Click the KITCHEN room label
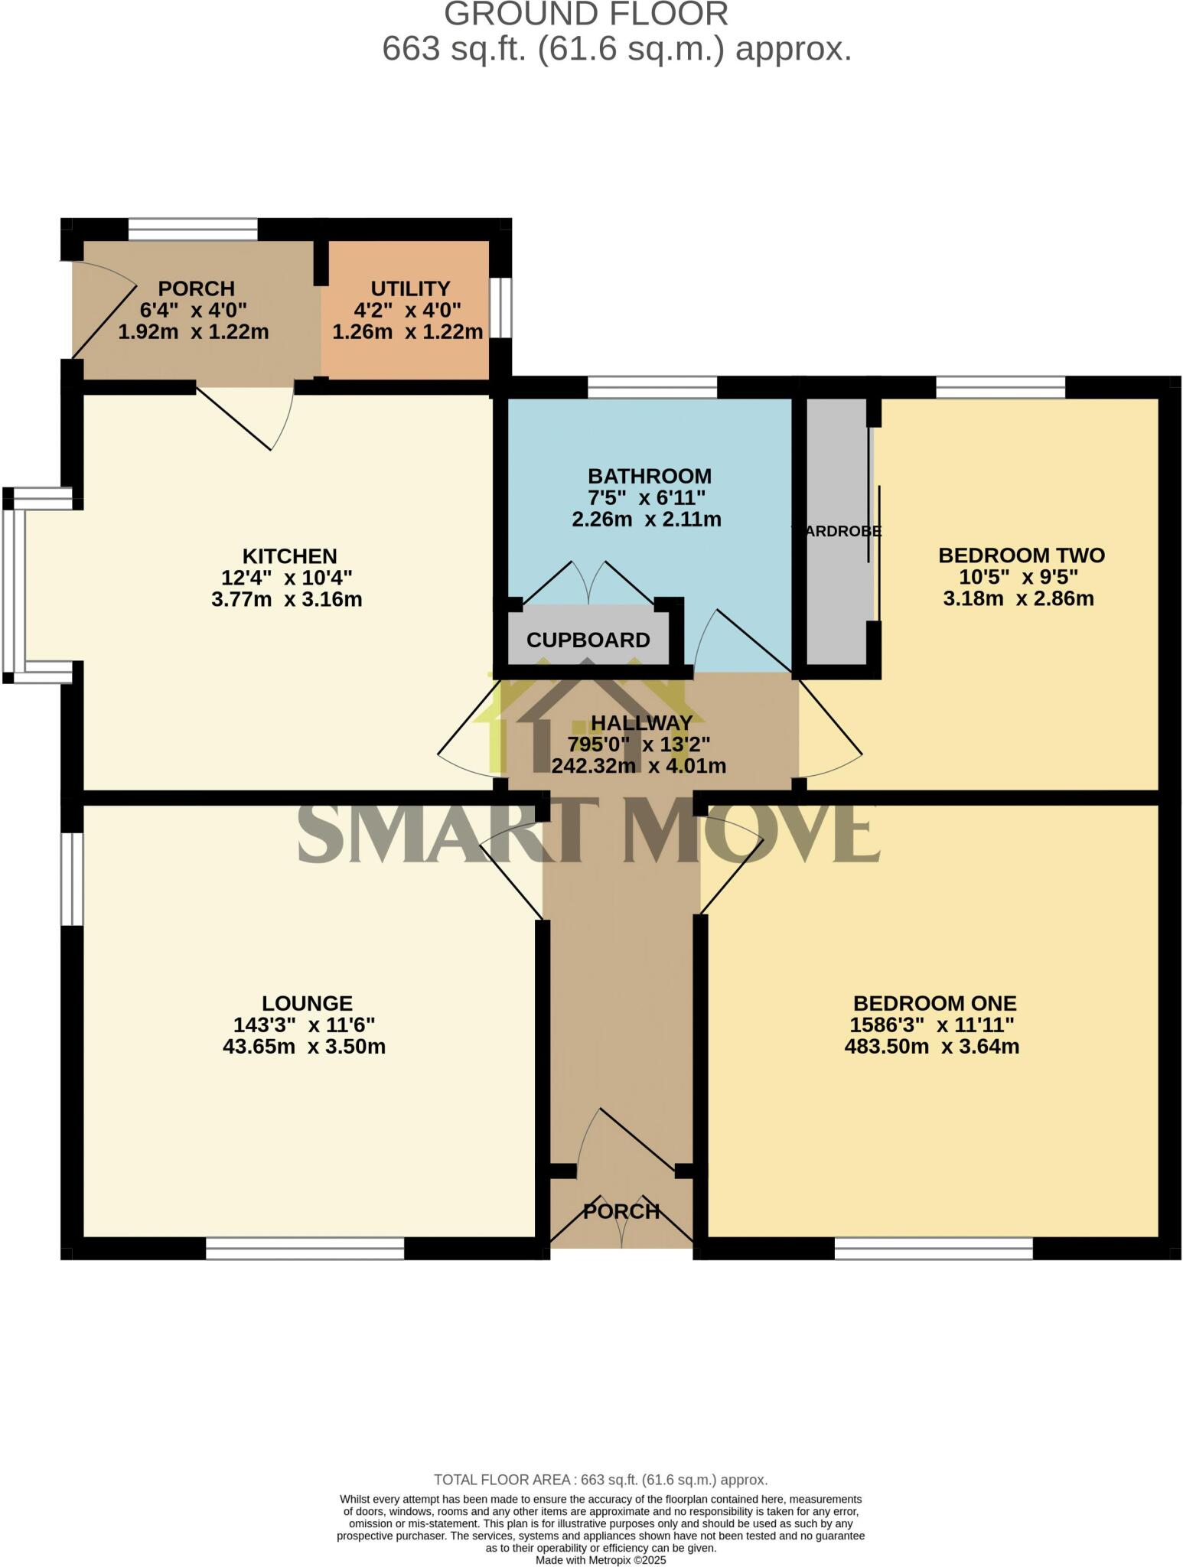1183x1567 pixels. pyautogui.click(x=290, y=555)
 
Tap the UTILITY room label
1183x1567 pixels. pyautogui.click(x=410, y=288)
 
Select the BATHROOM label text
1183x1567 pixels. pyautogui.click(x=649, y=477)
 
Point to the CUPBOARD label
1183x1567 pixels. pyautogui.click(x=588, y=640)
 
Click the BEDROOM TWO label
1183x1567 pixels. pyautogui.click(x=1021, y=555)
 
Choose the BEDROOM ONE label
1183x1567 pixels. pyautogui.click(x=934, y=1002)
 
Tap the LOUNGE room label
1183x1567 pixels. pyautogui.click(x=307, y=1002)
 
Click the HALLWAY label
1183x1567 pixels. pyautogui.click(x=641, y=722)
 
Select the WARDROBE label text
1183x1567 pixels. pyautogui.click(x=836, y=531)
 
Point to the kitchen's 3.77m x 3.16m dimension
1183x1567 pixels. pyautogui.click(x=286, y=599)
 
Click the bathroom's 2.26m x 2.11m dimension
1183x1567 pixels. pyautogui.click(x=647, y=520)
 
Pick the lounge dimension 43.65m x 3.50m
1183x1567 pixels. pyautogui.click(x=304, y=1046)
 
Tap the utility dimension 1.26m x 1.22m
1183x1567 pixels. pyautogui.click(x=407, y=331)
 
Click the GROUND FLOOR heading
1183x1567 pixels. pyautogui.click(x=585, y=15)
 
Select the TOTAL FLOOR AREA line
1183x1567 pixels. pyautogui.click(x=600, y=1480)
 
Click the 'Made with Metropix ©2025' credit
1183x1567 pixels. pyautogui.click(x=601, y=1560)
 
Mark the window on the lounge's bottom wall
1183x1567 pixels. pyautogui.click(x=305, y=1249)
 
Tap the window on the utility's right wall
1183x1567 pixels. pyautogui.click(x=501, y=307)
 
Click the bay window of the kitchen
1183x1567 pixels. pyautogui.click(x=14, y=585)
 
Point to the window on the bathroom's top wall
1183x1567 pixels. pyautogui.click(x=652, y=387)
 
